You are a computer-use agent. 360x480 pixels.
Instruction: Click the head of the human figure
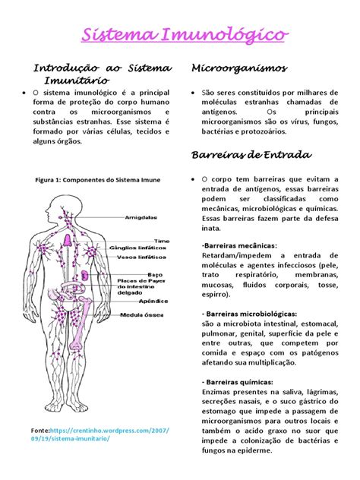(x=66, y=207)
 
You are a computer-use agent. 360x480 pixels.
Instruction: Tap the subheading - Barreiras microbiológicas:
(x=249, y=314)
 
